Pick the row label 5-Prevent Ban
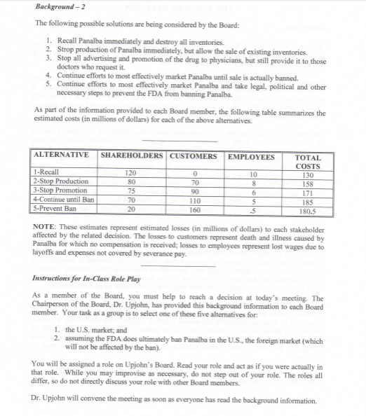pyautogui.click(x=55, y=208)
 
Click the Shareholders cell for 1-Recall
pyautogui.click(x=130, y=172)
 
